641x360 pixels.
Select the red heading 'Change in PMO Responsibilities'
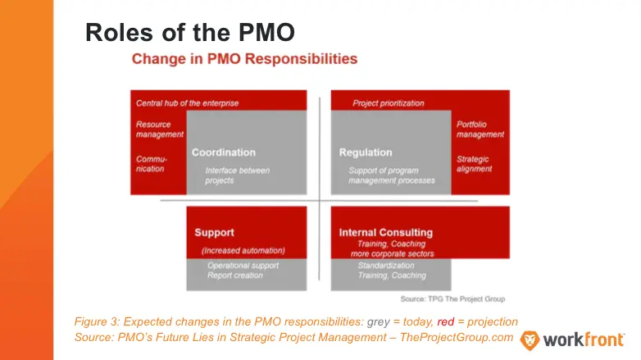[244, 59]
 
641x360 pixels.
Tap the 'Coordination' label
[224, 153]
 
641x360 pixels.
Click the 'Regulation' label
[366, 153]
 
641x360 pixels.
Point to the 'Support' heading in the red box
[215, 233]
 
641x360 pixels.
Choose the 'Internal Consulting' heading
[385, 233]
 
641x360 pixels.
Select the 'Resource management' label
[154, 130]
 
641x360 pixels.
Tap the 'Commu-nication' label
[151, 163]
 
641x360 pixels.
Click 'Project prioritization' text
[389, 103]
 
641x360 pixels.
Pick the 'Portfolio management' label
[480, 130]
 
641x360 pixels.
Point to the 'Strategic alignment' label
[475, 163]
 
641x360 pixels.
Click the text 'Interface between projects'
[237, 175]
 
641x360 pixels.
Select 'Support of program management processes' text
[391, 175]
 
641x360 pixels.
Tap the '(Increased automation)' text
[243, 250]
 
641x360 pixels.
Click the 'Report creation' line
[235, 276]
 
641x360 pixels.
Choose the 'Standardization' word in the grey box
[386, 266]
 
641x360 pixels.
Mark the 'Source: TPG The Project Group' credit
[452, 298]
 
